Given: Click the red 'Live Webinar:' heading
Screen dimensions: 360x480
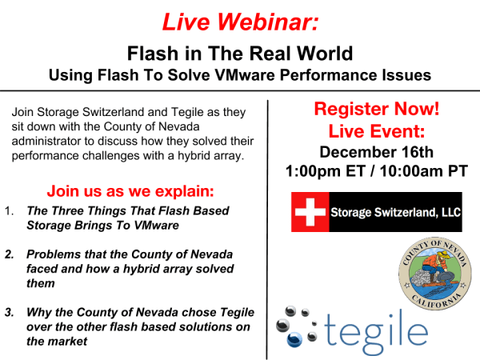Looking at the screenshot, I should point(240,22).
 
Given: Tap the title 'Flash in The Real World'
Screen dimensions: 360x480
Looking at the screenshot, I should point(239,54).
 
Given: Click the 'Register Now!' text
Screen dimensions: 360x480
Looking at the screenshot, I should point(376,110).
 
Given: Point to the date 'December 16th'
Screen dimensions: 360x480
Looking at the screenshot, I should point(376,151).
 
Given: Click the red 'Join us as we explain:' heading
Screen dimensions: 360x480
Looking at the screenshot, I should point(130,192).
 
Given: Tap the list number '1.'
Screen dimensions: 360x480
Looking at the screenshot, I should point(10,211).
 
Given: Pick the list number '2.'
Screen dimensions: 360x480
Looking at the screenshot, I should point(10,254).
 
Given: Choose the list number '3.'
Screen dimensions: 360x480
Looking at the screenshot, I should point(10,313).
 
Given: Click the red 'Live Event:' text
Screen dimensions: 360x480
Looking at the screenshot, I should point(376,130).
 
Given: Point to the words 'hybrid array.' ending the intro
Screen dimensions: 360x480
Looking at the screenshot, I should point(197,154).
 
